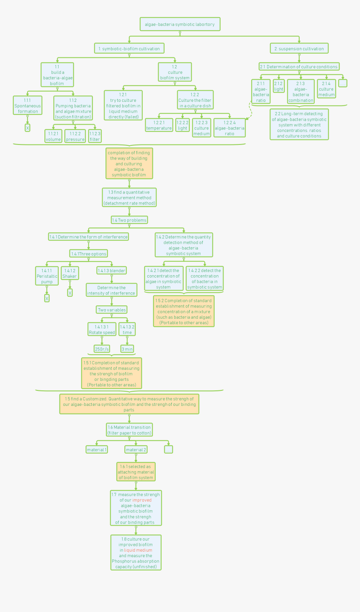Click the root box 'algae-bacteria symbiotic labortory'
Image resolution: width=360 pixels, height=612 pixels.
tap(180, 24)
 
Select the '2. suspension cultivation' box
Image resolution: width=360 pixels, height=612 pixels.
tap(299, 48)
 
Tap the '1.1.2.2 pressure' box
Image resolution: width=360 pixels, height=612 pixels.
tap(75, 136)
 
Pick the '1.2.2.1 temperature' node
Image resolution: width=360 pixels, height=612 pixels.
tap(159, 125)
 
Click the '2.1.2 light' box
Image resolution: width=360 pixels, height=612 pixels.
tap(279, 86)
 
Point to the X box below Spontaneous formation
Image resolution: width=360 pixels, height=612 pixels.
tap(27, 128)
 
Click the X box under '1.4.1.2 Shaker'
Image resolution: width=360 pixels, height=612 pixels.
tap(70, 293)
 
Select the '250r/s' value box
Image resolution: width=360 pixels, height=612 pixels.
tap(102, 349)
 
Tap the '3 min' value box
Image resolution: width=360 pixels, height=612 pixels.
tap(127, 349)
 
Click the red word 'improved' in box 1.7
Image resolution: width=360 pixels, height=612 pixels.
tap(141, 500)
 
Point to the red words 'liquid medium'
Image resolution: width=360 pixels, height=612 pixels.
tap(138, 550)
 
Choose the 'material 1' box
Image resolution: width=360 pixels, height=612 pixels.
tap(97, 449)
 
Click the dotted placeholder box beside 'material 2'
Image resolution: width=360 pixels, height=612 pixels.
tap(168, 449)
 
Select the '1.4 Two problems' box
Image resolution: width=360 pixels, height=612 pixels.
tap(129, 220)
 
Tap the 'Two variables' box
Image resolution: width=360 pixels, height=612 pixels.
tap(112, 310)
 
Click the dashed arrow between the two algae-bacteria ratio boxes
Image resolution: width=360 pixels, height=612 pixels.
tap(251, 111)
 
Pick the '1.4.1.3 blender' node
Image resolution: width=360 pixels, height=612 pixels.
tap(112, 271)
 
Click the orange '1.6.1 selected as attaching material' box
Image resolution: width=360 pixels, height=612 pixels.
tap(136, 472)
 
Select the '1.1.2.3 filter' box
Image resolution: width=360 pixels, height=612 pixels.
tap(95, 136)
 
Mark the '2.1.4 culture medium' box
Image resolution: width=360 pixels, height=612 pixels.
tap(327, 89)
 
